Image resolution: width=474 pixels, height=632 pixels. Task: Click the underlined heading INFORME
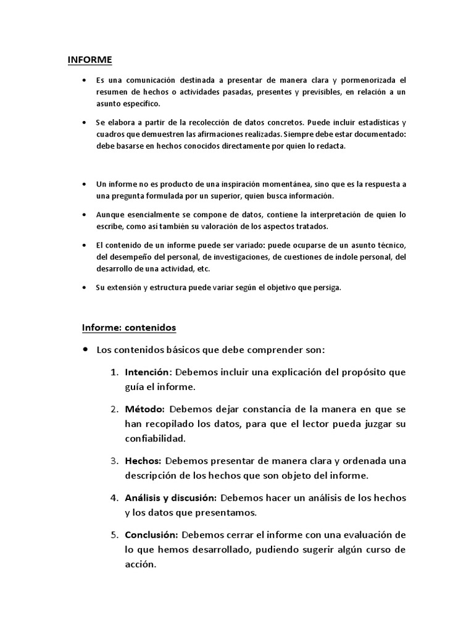pyautogui.click(x=89, y=60)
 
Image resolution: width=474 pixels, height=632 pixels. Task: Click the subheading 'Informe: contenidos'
pyautogui.click(x=130, y=326)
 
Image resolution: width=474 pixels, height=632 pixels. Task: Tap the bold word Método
pyautogui.click(x=144, y=409)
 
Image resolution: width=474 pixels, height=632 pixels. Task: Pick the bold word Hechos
pyautogui.click(x=143, y=460)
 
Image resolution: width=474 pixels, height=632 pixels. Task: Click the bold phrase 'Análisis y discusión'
pyautogui.click(x=170, y=497)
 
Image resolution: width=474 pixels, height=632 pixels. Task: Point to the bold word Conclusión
pyautogui.click(x=151, y=534)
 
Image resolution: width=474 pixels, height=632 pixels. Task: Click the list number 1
pyautogui.click(x=114, y=373)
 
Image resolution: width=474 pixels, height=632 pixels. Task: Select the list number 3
pyautogui.click(x=114, y=460)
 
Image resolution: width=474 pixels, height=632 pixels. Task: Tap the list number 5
pyautogui.click(x=114, y=534)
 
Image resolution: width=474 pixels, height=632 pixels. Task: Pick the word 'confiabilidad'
pyautogui.click(x=155, y=439)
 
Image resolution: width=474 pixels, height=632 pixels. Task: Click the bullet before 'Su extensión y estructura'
pyautogui.click(x=85, y=288)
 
